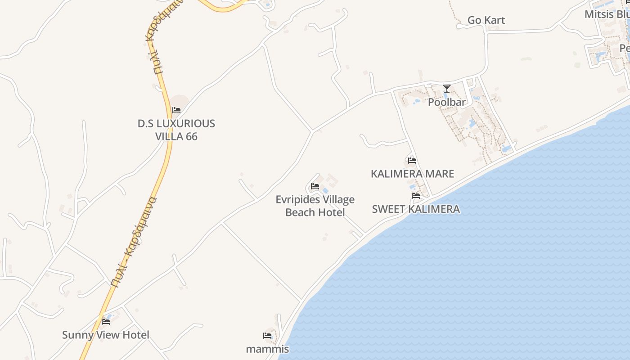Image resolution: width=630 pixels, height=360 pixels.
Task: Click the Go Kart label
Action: pyautogui.click(x=486, y=20)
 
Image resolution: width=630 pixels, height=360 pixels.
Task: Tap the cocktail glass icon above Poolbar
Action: pyautogui.click(x=446, y=89)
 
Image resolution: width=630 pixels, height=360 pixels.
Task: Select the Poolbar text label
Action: pyautogui.click(x=446, y=102)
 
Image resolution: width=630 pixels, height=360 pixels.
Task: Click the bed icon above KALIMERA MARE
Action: pyautogui.click(x=412, y=161)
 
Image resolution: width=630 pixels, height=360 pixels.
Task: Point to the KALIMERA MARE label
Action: pyautogui.click(x=412, y=174)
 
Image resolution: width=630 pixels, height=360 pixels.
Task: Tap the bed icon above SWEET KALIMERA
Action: pyautogui.click(x=416, y=196)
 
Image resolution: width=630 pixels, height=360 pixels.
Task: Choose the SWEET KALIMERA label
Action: pyautogui.click(x=416, y=209)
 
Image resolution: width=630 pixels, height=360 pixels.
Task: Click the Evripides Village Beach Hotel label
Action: pyautogui.click(x=315, y=206)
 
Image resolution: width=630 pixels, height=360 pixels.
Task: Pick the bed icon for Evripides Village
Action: pyautogui.click(x=315, y=186)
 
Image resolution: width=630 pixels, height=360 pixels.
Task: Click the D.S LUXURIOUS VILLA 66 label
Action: pyautogui.click(x=176, y=130)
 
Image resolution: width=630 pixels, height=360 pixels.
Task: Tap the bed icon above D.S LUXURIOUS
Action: pyautogui.click(x=176, y=110)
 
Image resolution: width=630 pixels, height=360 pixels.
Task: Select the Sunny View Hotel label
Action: pyautogui.click(x=106, y=335)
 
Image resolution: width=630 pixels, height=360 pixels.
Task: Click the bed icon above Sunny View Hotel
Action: pyautogui.click(x=106, y=321)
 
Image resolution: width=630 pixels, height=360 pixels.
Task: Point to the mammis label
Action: pyautogui.click(x=267, y=349)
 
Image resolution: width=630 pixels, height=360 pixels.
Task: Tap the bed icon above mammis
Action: pyautogui.click(x=267, y=335)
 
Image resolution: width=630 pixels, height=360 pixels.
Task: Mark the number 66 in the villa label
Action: pyautogui.click(x=191, y=136)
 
